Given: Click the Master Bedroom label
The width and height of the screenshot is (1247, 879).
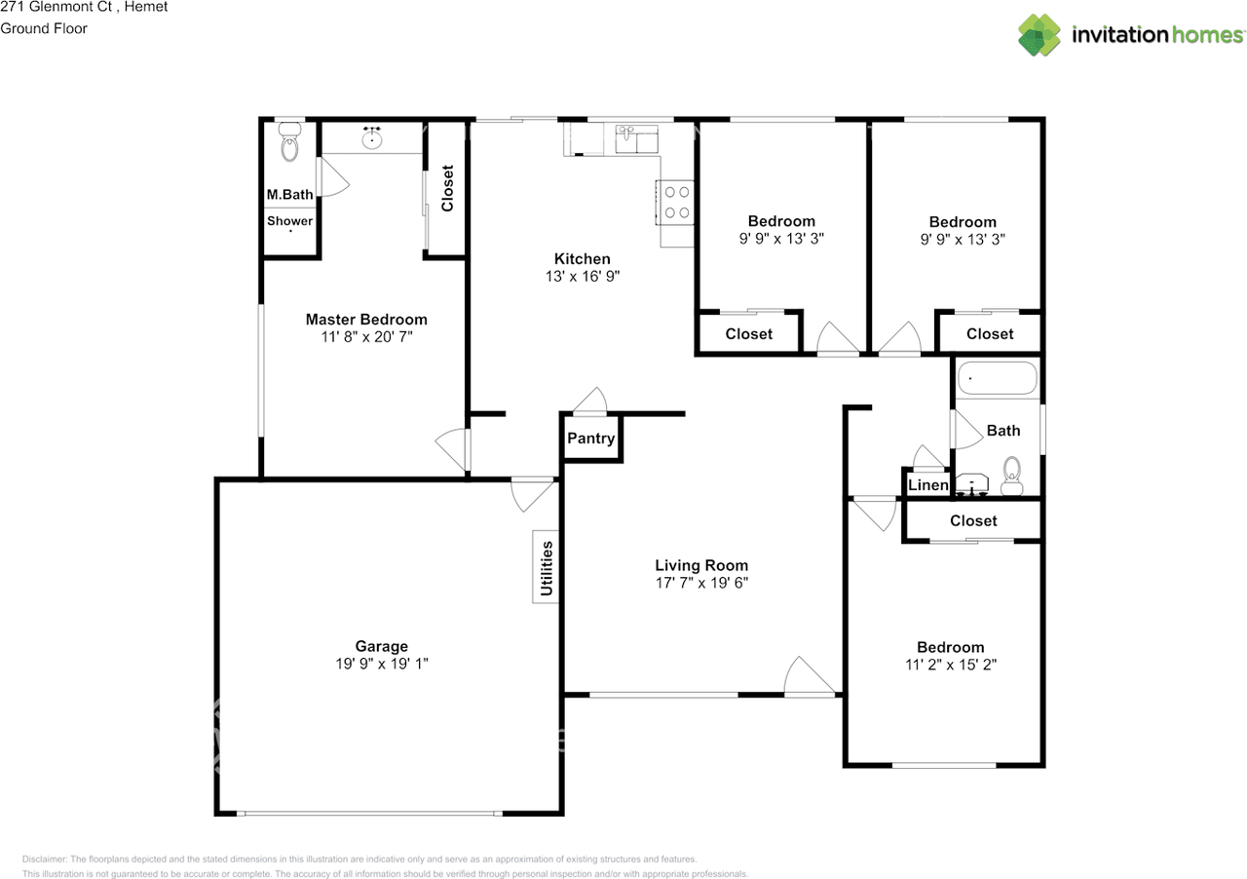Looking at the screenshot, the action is (x=366, y=320).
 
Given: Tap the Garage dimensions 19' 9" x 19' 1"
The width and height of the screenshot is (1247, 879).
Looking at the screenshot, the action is (x=381, y=664).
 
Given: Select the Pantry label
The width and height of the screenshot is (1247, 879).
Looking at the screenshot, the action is (x=590, y=439).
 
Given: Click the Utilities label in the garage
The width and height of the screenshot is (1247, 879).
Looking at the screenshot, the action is (x=547, y=567).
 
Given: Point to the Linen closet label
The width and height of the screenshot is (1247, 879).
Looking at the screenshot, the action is (x=928, y=484).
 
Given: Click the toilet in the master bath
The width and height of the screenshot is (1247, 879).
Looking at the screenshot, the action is (x=289, y=141).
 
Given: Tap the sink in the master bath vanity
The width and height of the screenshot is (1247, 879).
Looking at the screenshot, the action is (x=372, y=137).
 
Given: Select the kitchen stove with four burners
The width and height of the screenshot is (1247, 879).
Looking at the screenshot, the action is (x=675, y=202).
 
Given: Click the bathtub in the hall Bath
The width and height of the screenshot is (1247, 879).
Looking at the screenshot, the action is (x=997, y=378).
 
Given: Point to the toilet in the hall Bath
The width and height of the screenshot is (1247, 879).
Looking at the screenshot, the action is (x=1012, y=477).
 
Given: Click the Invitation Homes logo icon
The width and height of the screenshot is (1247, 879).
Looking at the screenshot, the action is (x=1039, y=35).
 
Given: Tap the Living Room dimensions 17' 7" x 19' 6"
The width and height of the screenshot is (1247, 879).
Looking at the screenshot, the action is (x=701, y=583).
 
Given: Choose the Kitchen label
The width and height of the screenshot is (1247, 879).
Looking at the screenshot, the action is (x=583, y=258).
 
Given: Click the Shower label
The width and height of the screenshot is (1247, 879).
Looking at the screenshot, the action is (x=289, y=220).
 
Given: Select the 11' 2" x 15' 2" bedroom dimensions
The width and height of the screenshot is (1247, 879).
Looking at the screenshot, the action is (x=951, y=665).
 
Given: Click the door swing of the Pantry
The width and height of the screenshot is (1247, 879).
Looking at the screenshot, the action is (x=591, y=400).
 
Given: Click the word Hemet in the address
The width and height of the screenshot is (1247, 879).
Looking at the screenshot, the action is (x=146, y=7).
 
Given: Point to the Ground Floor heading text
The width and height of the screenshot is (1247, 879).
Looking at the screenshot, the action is (x=44, y=28).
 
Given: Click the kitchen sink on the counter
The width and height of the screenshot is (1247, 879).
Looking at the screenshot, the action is (x=636, y=138).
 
